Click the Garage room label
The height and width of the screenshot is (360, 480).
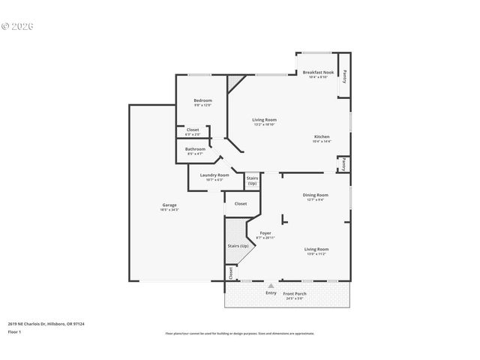coord(169,205)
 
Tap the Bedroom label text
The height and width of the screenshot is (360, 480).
coord(202,100)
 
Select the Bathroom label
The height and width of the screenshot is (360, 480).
coord(195,148)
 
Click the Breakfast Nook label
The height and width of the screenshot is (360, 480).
coord(318,72)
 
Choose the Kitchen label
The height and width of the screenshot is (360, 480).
coord(321,136)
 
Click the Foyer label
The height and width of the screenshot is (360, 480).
coord(265,233)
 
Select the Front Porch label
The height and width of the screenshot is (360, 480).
coord(294,292)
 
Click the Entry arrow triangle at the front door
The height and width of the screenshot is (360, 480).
coord(270,286)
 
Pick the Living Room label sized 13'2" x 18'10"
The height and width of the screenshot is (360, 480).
coord(264,120)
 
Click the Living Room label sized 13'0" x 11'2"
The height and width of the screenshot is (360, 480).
coord(316,249)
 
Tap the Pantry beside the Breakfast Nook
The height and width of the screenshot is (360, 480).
coord(344,75)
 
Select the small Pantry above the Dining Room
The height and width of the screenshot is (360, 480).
coord(342,163)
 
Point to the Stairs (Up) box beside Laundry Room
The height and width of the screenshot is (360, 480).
coord(252,181)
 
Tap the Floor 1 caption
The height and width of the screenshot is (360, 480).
coord(15,331)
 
